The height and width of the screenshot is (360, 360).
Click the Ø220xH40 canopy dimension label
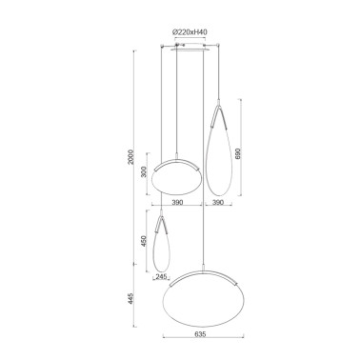pos(190,32)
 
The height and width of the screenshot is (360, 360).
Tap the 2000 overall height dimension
pos(131,157)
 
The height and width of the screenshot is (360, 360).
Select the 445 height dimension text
pos(131,298)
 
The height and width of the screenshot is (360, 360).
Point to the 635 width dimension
pos(201,334)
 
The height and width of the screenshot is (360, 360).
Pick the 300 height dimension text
pos(144,173)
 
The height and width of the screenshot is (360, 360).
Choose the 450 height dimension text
pos(144,241)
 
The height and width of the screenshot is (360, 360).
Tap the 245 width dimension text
pos(161,277)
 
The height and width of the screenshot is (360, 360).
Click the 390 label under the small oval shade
pos(177,202)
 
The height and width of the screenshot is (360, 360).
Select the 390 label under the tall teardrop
pos(218,202)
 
